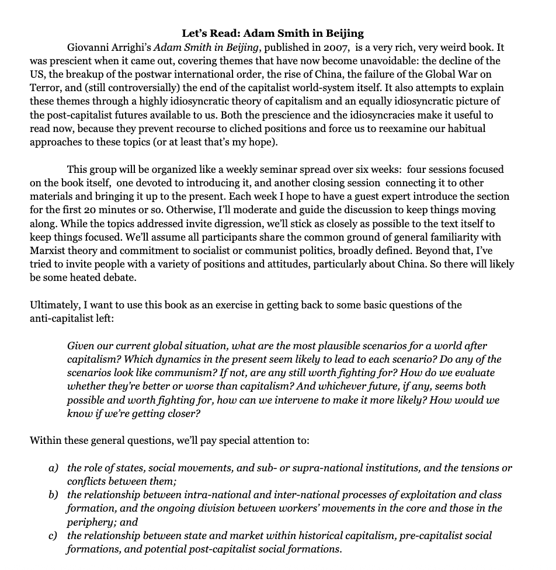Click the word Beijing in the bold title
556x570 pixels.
tap(343, 33)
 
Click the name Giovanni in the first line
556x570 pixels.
tap(89, 47)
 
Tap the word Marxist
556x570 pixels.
tap(48, 250)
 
